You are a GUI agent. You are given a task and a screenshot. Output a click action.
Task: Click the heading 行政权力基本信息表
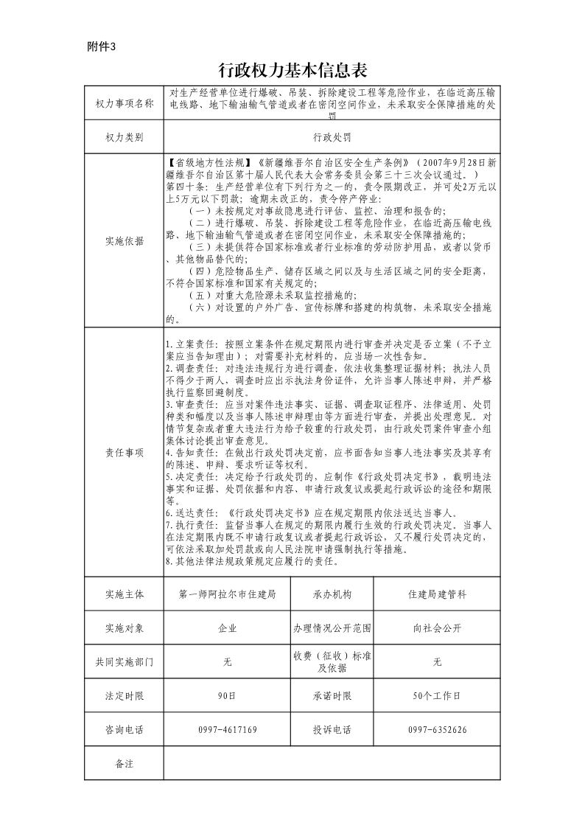click(x=292, y=70)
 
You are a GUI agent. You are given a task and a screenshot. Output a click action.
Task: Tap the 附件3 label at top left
click(x=102, y=46)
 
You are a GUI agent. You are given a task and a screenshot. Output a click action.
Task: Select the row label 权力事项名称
click(x=124, y=104)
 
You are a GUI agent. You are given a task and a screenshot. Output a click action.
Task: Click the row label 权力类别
click(x=124, y=137)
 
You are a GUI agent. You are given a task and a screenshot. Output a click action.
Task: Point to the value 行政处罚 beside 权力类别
click(x=332, y=137)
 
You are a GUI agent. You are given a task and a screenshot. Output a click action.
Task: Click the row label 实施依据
click(x=124, y=240)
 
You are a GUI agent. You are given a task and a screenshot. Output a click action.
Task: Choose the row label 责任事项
click(x=124, y=452)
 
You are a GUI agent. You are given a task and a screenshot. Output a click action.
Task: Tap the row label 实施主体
click(x=124, y=594)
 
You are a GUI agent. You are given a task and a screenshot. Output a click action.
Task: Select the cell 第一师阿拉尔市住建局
click(x=227, y=594)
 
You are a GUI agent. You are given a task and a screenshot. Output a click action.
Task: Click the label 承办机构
click(x=332, y=594)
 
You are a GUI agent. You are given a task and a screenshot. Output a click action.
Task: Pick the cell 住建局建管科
click(x=437, y=594)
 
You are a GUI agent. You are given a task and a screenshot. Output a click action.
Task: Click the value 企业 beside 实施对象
click(x=227, y=628)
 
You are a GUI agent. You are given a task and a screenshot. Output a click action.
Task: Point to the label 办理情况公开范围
click(x=332, y=628)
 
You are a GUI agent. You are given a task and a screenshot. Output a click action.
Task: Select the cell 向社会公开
click(x=437, y=628)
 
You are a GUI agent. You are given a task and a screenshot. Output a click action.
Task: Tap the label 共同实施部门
click(x=124, y=662)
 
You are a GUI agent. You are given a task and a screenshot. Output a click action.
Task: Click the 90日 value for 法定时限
click(x=227, y=695)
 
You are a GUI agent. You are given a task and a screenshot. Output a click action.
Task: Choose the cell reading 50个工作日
click(x=437, y=695)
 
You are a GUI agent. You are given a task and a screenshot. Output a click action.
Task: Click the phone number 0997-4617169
click(x=227, y=730)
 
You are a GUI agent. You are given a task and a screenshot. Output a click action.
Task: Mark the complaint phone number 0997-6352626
click(x=437, y=730)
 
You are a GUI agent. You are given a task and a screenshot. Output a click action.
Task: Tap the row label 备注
click(x=124, y=764)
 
